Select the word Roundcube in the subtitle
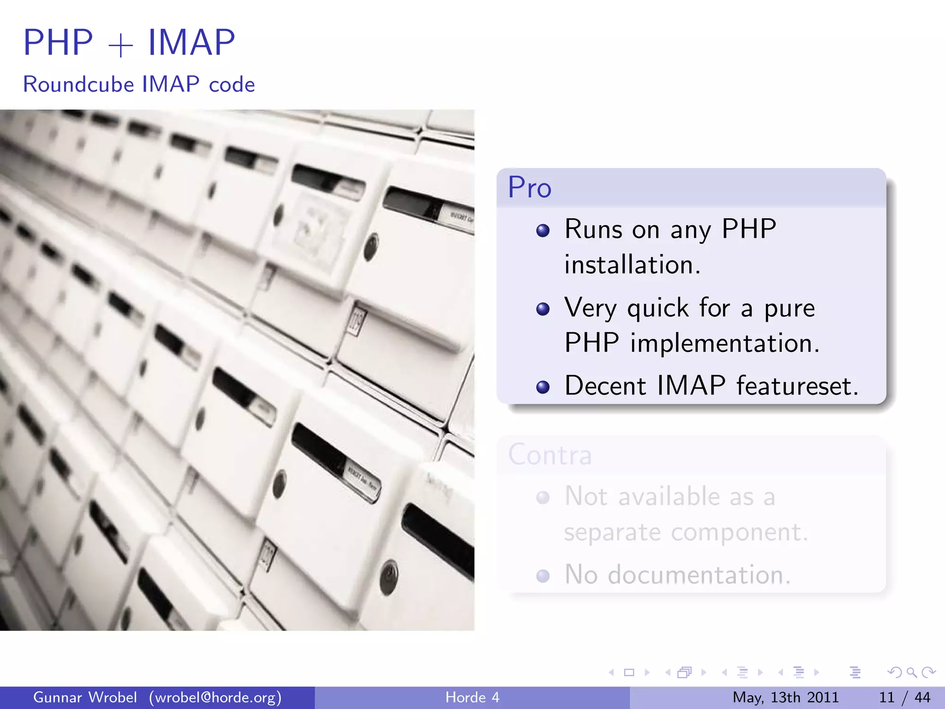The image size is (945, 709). tap(78, 84)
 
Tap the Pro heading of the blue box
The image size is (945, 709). tap(529, 187)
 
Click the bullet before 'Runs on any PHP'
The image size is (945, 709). tap(543, 230)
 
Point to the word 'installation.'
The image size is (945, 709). tap(632, 265)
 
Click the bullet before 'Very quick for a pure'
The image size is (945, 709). tap(543, 309)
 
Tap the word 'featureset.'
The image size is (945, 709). tap(797, 386)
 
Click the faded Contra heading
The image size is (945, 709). tap(550, 455)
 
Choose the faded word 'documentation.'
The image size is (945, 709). tap(699, 575)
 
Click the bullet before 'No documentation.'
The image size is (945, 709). tap(543, 576)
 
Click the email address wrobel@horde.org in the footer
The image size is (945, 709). tap(215, 697)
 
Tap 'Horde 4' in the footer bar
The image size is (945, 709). tap(472, 697)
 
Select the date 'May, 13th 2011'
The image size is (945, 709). tap(785, 697)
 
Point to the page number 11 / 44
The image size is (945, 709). tap(904, 697)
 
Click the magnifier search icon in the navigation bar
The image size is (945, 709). tap(911, 673)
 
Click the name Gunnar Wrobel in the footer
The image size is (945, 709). tap(85, 697)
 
